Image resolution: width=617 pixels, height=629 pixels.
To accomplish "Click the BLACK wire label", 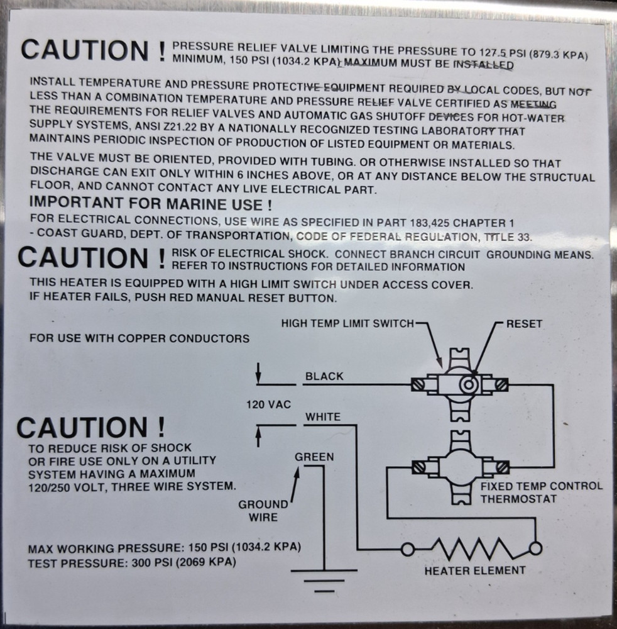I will tap(324, 376).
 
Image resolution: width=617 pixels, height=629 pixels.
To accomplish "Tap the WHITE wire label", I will tap(323, 416).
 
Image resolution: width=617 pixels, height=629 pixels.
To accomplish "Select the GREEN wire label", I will tap(314, 457).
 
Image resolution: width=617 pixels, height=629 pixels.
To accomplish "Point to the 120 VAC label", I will tap(268, 404).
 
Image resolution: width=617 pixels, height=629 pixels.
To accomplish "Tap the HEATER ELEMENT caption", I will tap(474, 571).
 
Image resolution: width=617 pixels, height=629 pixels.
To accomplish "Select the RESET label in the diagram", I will tap(524, 325).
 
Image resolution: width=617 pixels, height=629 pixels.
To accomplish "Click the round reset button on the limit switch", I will tap(467, 384).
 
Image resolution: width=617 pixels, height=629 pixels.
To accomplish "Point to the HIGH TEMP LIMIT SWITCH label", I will tap(347, 324).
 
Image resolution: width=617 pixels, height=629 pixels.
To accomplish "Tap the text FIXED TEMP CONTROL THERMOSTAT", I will tap(541, 493).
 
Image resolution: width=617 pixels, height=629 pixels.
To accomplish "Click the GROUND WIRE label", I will tap(263, 510).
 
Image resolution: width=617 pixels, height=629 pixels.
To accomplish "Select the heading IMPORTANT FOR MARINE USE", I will tap(151, 204).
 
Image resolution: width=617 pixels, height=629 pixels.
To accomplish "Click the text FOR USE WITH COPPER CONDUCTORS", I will tap(139, 338).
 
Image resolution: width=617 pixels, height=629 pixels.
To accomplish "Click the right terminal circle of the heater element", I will tap(535, 548).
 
